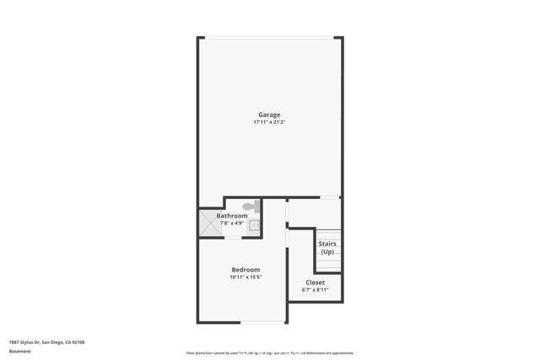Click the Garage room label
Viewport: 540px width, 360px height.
click(269, 115)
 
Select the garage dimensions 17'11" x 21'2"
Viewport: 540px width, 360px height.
click(269, 122)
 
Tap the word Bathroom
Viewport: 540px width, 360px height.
click(232, 216)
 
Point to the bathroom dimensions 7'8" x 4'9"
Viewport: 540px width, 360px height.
click(232, 223)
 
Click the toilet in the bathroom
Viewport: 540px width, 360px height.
click(251, 206)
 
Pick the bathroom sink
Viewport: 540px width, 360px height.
click(254, 225)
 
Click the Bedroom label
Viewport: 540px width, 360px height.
click(246, 270)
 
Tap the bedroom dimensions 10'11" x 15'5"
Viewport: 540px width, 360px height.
click(246, 277)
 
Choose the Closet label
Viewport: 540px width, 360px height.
click(315, 282)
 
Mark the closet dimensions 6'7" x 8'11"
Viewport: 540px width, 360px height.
click(315, 290)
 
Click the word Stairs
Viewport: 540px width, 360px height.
click(327, 244)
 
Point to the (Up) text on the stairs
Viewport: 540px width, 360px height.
click(327, 252)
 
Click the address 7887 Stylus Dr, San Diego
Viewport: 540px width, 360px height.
click(46, 342)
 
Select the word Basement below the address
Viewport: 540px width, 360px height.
click(19, 351)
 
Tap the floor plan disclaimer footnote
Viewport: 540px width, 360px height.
click(269, 353)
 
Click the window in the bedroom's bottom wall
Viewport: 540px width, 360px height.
click(262, 322)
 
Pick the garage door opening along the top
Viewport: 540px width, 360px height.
click(269, 37)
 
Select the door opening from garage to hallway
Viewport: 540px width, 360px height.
click(330, 197)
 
